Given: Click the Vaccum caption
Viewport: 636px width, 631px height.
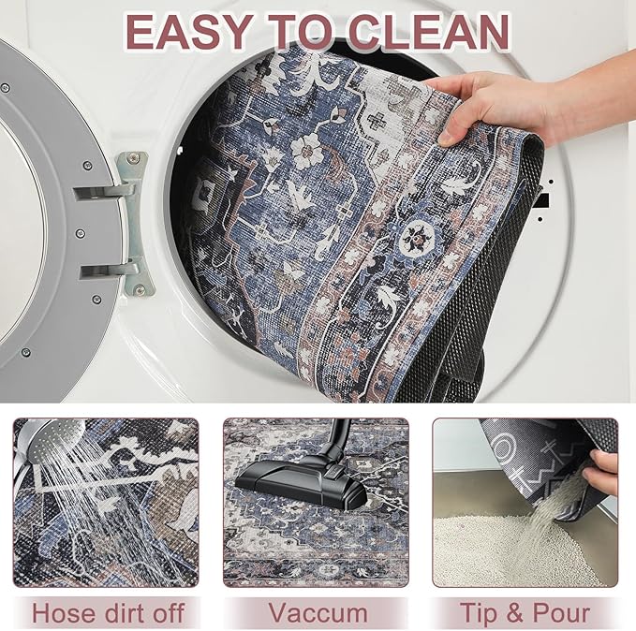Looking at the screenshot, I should click(318, 613).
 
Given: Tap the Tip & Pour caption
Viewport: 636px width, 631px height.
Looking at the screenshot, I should click(525, 613).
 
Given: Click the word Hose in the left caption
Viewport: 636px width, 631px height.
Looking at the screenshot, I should click(66, 613).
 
